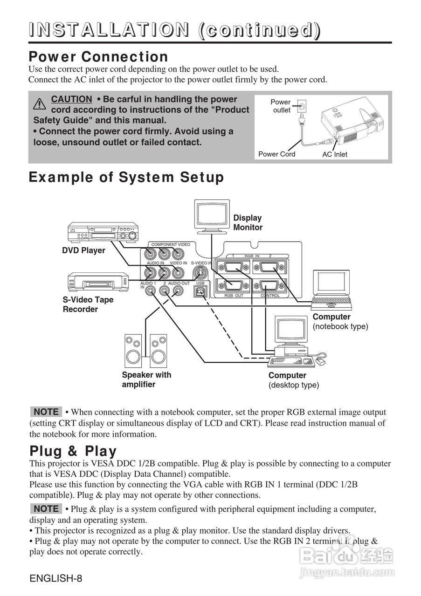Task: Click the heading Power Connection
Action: coord(98,57)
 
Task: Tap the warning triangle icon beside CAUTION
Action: coord(40,102)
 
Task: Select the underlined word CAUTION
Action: coord(71,99)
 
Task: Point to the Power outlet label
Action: coord(281,106)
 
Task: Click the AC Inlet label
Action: coord(335,155)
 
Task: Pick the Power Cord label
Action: coord(276,154)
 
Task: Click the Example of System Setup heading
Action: coord(126,177)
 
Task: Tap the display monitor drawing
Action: coord(212,216)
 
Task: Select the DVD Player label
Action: coord(84,251)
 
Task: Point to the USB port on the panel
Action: coord(201,291)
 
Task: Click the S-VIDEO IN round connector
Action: coord(201,271)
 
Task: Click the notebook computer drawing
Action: coord(332,289)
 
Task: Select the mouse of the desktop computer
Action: coord(321,361)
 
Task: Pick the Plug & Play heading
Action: coord(73,451)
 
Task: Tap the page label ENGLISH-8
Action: coord(56,579)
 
